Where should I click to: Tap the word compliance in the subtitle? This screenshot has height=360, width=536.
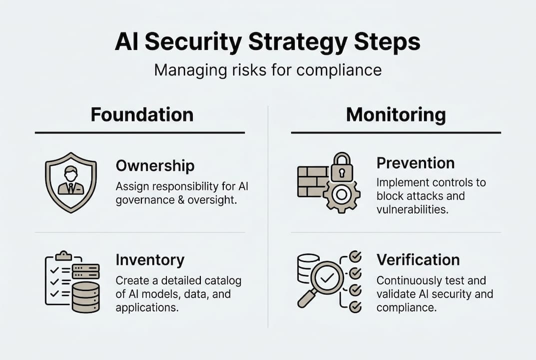point(339,69)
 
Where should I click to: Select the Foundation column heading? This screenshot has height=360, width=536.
point(142,114)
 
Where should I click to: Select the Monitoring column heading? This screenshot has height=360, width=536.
point(396,114)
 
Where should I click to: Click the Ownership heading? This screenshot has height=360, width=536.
point(155,165)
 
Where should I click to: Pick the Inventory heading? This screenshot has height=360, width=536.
point(150,260)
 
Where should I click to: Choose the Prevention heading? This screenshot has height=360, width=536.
point(415,163)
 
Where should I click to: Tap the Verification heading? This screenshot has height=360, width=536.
point(418,260)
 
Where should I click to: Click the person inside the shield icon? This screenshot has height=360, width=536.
point(71,180)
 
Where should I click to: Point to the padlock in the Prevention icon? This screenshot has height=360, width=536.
point(342,167)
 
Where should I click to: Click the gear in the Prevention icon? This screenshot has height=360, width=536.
point(342,194)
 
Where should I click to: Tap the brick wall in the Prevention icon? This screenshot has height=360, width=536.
point(312,181)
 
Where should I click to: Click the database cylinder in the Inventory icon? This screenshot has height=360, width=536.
point(85,297)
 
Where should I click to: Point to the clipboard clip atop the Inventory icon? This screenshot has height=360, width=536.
point(63,255)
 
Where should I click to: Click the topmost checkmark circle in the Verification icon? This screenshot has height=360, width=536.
point(355,257)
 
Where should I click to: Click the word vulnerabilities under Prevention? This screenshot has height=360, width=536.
point(412,209)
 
